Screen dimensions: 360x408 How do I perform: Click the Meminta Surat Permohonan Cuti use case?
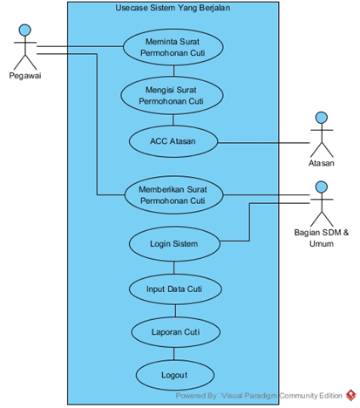[173, 47]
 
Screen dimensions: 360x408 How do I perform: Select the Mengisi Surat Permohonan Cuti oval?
[172, 96]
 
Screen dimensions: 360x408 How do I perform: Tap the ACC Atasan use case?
[173, 141]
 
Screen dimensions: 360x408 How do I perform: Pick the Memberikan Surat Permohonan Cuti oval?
[173, 195]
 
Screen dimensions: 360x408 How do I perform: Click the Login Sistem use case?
[174, 244]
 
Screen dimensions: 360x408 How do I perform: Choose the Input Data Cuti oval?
[175, 289]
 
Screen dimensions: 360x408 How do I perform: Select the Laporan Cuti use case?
[175, 332]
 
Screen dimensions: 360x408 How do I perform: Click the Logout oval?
[175, 375]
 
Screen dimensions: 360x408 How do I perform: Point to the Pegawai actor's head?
[25, 31]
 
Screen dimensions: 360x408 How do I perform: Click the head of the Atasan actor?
[322, 118]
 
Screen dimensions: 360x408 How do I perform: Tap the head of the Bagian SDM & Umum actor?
[322, 187]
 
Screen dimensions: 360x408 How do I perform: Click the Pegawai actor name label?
[25, 76]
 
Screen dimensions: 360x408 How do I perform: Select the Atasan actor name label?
[322, 163]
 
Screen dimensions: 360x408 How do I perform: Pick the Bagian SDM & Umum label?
[322, 238]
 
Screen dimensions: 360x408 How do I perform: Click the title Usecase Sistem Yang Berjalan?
[173, 8]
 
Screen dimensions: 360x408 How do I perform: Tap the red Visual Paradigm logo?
[351, 395]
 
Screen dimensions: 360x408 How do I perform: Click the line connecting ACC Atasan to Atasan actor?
[264, 143]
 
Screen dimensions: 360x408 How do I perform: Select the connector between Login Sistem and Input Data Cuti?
[174, 268]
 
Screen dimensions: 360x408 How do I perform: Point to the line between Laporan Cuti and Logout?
[174, 354]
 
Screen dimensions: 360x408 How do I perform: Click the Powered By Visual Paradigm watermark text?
[259, 396]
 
